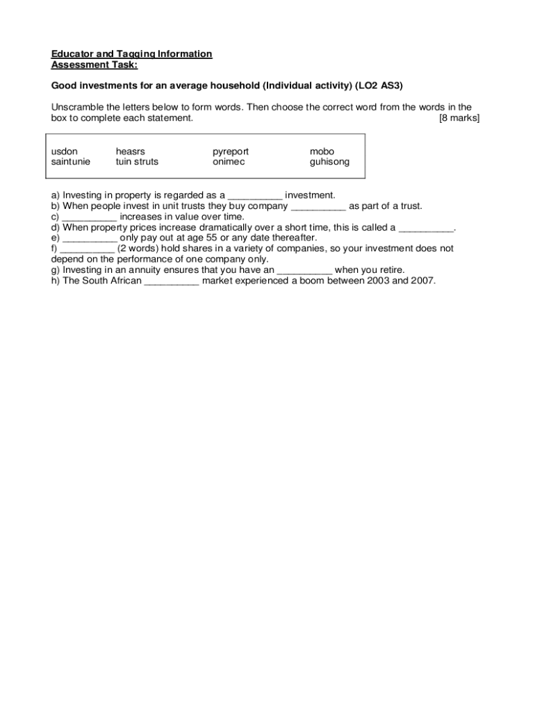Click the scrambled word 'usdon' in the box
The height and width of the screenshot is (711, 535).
[x=65, y=151]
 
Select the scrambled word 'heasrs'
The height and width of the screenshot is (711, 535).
[x=131, y=151]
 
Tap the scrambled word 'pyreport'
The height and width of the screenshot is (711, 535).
[x=231, y=151]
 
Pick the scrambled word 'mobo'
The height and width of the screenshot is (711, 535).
[x=322, y=151]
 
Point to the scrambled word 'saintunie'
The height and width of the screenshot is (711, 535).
[x=71, y=162]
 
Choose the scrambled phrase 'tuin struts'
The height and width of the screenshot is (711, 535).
[x=137, y=162]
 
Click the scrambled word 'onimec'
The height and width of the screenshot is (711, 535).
[x=229, y=162]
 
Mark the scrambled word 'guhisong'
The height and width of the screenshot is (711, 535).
[x=330, y=162]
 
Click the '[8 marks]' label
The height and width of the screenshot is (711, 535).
[x=459, y=118]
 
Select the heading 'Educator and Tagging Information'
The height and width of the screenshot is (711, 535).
[x=132, y=54]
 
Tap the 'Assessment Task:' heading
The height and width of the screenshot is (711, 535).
[x=94, y=65]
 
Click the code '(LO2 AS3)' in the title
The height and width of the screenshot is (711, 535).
[x=379, y=85]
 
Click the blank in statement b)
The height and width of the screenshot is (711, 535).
[x=318, y=207]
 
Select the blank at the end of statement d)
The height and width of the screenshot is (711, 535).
[x=426, y=228]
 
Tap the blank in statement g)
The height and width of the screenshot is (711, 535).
[x=304, y=270]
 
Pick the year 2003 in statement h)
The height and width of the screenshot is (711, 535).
[x=372, y=281]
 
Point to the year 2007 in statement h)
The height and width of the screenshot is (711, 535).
[x=421, y=281]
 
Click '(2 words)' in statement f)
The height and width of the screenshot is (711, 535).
[x=142, y=249]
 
